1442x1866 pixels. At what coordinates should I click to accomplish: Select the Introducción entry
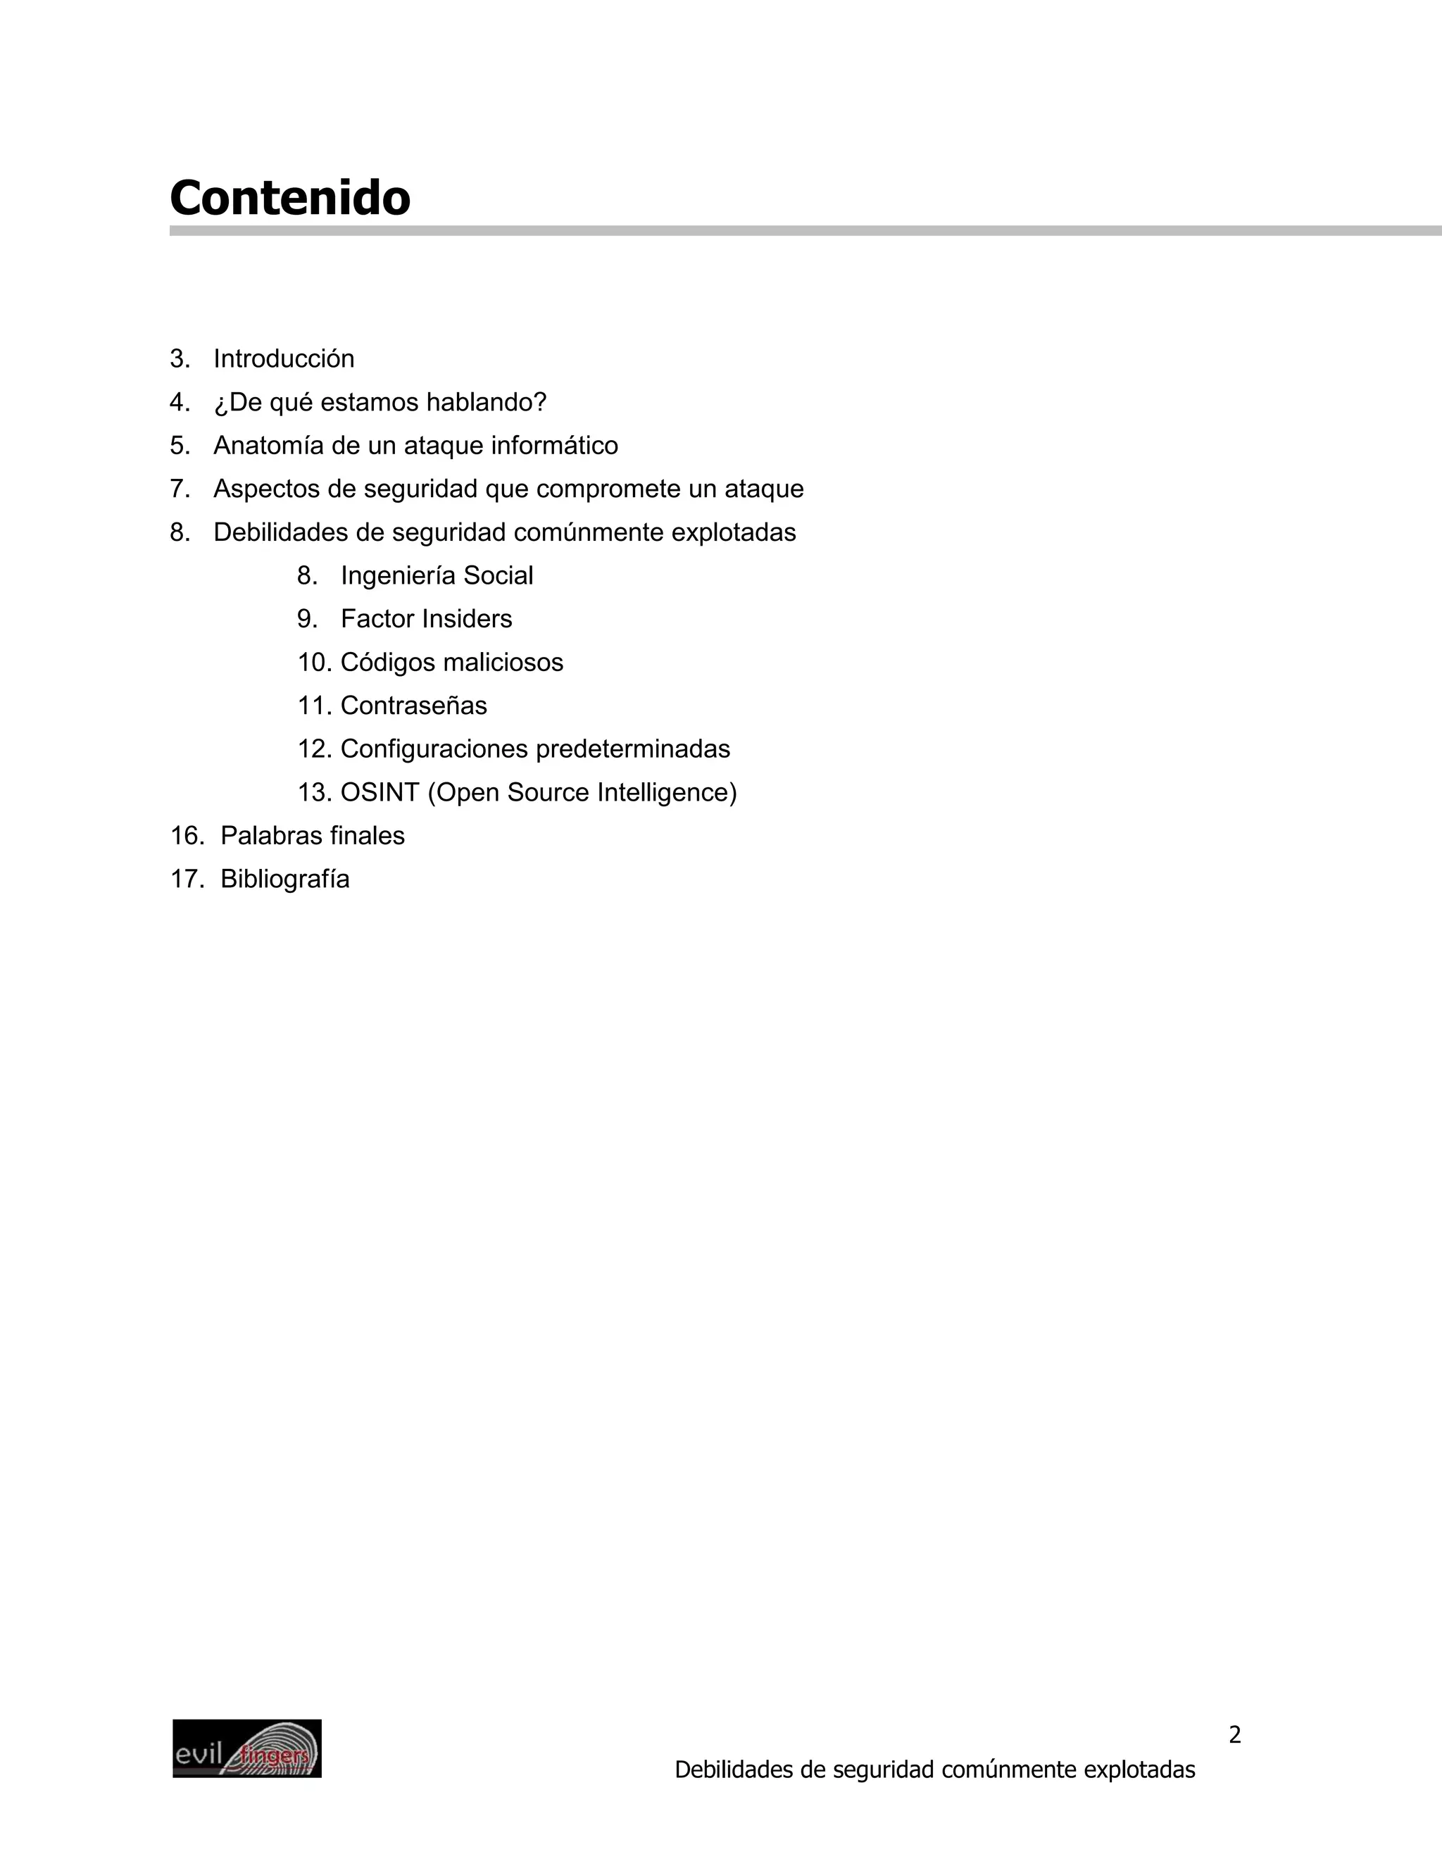284,359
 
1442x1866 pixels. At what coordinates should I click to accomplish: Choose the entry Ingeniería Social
437,576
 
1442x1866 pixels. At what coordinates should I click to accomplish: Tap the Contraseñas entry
413,706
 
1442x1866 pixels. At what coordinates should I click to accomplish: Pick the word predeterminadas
633,749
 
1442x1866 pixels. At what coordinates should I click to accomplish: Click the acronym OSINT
380,793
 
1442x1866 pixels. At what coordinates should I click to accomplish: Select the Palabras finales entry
312,836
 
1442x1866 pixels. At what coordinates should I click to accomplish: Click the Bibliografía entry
284,879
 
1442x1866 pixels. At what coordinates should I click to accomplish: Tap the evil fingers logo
247,1749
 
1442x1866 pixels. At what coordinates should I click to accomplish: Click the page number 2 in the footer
1234,1735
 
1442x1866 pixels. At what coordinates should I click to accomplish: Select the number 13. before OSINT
314,793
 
